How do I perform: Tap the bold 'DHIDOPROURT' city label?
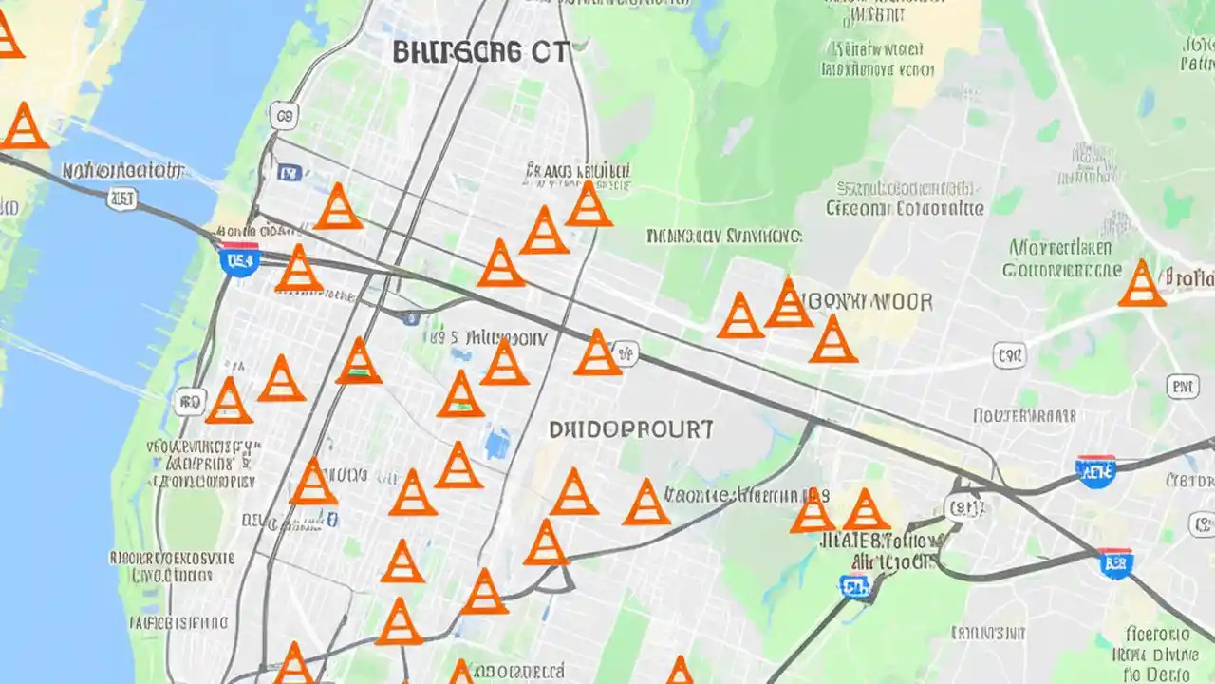pyautogui.click(x=631, y=429)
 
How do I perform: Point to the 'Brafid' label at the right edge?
pyautogui.click(x=1190, y=278)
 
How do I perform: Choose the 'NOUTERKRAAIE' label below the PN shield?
pyautogui.click(x=1024, y=415)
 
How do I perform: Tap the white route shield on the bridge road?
pyautogui.click(x=122, y=198)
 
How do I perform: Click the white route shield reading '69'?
pyautogui.click(x=282, y=117)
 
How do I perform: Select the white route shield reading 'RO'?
pyautogui.click(x=190, y=402)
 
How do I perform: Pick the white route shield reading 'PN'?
pyautogui.click(x=1182, y=386)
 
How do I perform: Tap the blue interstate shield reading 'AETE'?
pyautogui.click(x=1095, y=469)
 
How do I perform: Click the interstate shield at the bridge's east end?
pyautogui.click(x=239, y=258)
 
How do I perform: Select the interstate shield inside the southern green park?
pyautogui.click(x=855, y=586)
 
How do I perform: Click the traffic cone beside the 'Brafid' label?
pyautogui.click(x=1141, y=284)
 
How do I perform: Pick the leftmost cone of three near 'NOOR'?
pyautogui.click(x=740, y=316)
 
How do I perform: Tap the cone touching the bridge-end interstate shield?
pyautogui.click(x=299, y=269)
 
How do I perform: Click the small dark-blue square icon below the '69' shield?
pyautogui.click(x=289, y=173)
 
